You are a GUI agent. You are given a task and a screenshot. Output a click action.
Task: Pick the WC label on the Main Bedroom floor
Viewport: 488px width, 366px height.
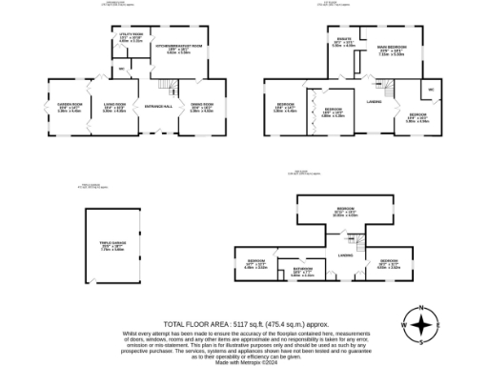click(x=431, y=91)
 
